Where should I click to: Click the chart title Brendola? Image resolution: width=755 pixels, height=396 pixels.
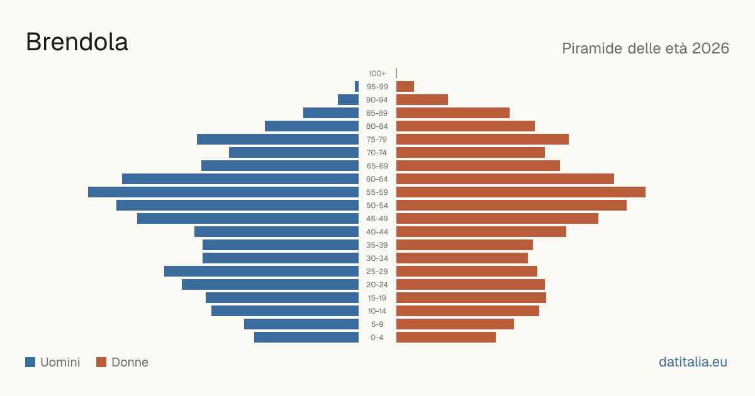pyautogui.click(x=77, y=42)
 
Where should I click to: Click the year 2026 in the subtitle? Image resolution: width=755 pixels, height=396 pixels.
pyautogui.click(x=710, y=48)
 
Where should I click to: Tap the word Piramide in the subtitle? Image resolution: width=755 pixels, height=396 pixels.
pyautogui.click(x=592, y=48)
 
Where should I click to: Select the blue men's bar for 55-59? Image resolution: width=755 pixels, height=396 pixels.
pyautogui.click(x=223, y=192)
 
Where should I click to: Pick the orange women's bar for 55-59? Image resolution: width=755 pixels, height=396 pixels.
pyautogui.click(x=521, y=192)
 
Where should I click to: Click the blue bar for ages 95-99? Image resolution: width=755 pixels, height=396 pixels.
pyautogui.click(x=357, y=87)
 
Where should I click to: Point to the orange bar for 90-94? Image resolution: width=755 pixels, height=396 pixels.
pyautogui.click(x=422, y=100)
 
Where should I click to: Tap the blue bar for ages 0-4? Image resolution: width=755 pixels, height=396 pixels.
pyautogui.click(x=306, y=338)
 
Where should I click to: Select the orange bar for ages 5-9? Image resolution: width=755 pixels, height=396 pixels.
pyautogui.click(x=455, y=324)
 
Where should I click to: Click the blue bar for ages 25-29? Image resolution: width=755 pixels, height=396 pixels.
pyautogui.click(x=261, y=272)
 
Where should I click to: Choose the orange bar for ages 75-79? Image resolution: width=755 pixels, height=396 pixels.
pyautogui.click(x=483, y=140)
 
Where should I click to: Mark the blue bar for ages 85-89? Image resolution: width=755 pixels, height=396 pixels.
pyautogui.click(x=331, y=113)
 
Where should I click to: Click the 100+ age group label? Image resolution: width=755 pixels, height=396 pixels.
pyautogui.click(x=377, y=74)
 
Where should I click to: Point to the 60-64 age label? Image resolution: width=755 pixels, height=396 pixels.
pyautogui.click(x=377, y=179)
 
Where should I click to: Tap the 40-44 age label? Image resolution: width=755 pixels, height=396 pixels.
pyautogui.click(x=377, y=232)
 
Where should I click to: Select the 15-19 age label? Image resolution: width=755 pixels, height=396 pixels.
pyautogui.click(x=377, y=298)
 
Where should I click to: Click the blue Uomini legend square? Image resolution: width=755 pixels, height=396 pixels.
pyautogui.click(x=30, y=362)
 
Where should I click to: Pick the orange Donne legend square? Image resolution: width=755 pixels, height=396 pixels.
pyautogui.click(x=101, y=362)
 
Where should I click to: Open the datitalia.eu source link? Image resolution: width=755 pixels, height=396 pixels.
pyautogui.click(x=693, y=362)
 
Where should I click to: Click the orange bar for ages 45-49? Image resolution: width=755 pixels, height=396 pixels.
pyautogui.click(x=497, y=219)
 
